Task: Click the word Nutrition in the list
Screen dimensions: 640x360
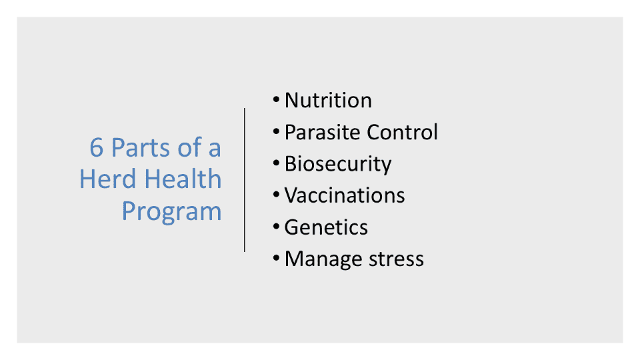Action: [328, 100]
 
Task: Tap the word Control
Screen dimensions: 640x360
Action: [402, 132]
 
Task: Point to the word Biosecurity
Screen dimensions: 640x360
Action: [338, 165]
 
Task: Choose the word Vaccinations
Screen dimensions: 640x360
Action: [345, 195]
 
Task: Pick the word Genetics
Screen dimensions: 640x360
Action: [326, 227]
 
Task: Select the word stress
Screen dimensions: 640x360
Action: [396, 259]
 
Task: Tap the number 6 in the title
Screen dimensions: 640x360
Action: [96, 147]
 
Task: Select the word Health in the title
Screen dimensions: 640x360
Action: [183, 179]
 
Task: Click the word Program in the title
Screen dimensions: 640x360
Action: [172, 212]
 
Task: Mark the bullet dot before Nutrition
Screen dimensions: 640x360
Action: [276, 99]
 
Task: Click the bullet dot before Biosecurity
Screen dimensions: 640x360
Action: [276, 163]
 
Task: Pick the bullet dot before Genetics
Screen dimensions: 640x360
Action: [276, 226]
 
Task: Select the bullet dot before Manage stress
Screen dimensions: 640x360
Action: [276, 258]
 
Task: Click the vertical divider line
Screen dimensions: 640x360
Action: [245, 180]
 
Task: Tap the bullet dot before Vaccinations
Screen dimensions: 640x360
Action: [276, 194]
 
